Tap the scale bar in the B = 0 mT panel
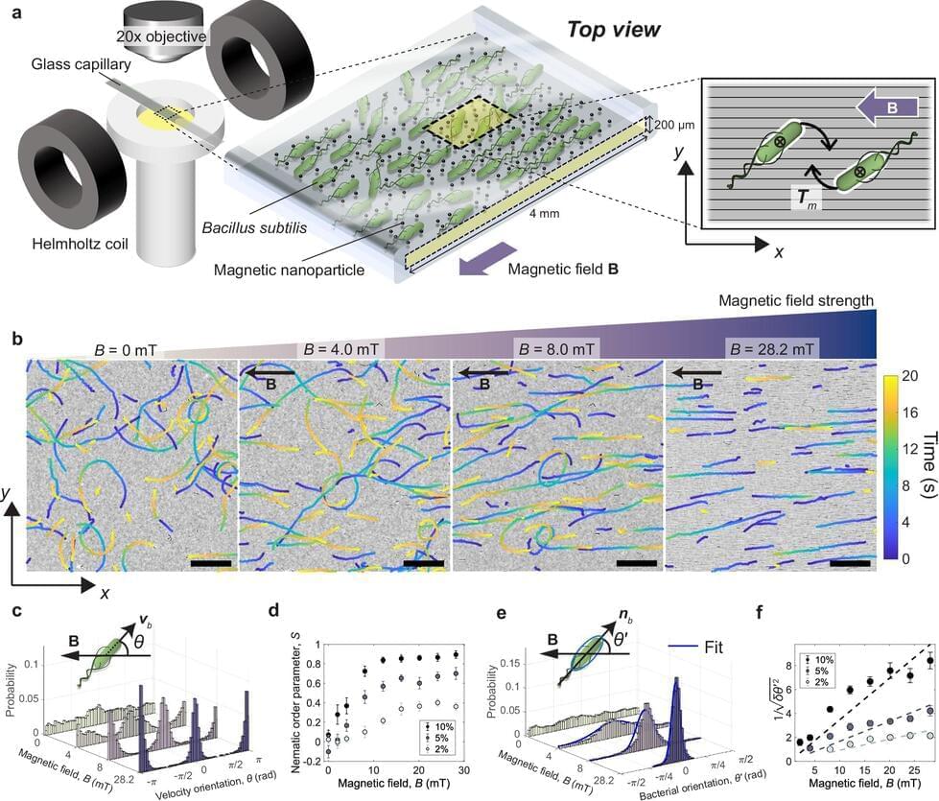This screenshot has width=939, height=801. (x=210, y=563)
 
